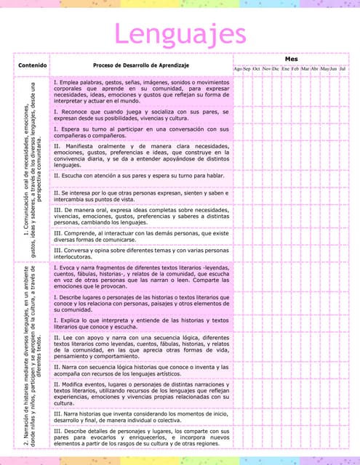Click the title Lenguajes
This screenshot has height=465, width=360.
coord(179,33)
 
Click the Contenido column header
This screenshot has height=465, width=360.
coord(28,65)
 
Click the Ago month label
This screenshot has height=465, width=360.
coord(237,68)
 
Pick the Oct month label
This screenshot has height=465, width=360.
coord(257,68)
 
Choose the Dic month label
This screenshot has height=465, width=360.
coord(276,68)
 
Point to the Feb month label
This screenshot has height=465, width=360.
coord(295,68)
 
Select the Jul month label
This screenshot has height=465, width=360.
coord(343,68)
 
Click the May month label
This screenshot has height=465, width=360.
coord(324,68)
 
